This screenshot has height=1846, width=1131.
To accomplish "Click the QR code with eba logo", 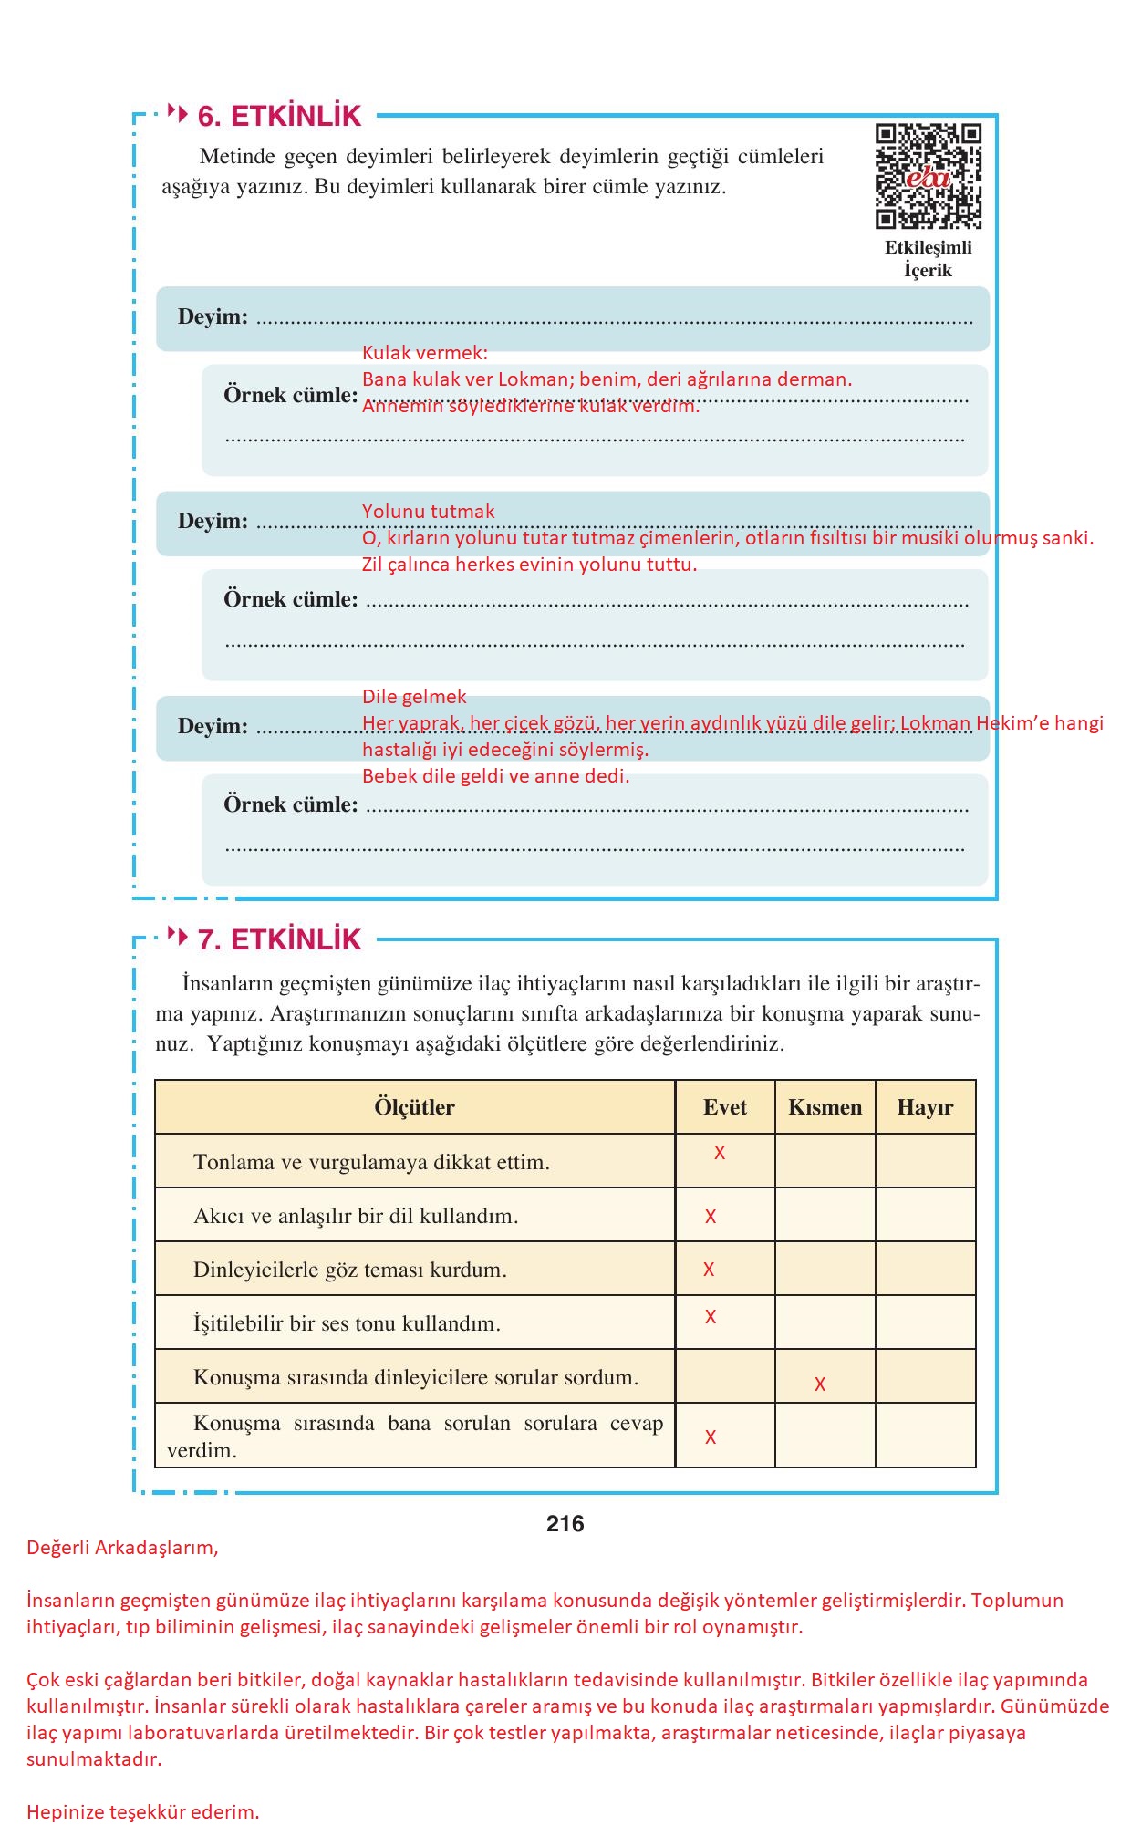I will (928, 175).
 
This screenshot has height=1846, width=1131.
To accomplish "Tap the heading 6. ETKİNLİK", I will (279, 116).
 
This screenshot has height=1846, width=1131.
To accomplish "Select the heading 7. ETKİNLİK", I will (279, 939).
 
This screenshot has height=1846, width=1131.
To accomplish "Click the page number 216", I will (565, 1523).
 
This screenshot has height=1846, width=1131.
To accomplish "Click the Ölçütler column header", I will (414, 1107).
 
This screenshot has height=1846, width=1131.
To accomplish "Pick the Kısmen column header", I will (825, 1107).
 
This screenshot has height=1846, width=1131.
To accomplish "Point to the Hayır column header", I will (925, 1107).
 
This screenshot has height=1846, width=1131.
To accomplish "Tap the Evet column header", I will (725, 1107).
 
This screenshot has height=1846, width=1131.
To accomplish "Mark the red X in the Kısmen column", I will (820, 1384).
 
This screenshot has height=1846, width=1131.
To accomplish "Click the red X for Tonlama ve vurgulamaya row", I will (720, 1153).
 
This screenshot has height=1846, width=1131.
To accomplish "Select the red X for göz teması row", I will (709, 1270).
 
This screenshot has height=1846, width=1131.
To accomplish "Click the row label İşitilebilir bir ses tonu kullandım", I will (347, 1323).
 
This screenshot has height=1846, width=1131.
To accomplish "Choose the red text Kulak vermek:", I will (425, 353).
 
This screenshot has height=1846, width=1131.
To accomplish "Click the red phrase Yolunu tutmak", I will (428, 512).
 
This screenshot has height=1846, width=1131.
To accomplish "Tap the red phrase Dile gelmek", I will (414, 697).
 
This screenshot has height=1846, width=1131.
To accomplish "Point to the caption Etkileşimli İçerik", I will (928, 259).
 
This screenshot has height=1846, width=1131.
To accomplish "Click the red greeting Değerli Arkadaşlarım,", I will (122, 1548).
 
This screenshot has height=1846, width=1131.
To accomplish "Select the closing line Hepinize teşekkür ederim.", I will (143, 1812).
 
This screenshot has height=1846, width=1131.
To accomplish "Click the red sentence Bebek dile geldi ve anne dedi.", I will (495, 776).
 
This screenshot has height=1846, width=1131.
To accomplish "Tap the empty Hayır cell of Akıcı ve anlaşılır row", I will (925, 1215).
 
